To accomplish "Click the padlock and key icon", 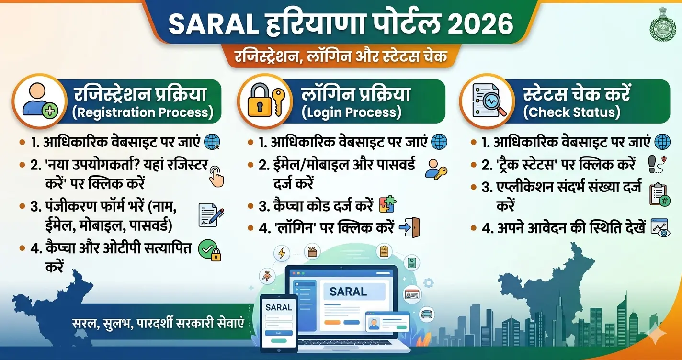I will click(x=265, y=101).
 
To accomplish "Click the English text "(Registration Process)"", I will click(x=143, y=112).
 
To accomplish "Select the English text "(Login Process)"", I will click(x=351, y=112).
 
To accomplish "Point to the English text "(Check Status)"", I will click(x=571, y=112).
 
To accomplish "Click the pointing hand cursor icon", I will click(x=216, y=176).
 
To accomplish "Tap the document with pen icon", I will click(x=211, y=214).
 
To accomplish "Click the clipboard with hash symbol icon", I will click(x=659, y=194).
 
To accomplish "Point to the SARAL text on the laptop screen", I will click(x=348, y=291).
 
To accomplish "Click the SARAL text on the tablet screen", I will click(x=278, y=307).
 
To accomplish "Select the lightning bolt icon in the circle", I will click(x=281, y=253).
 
